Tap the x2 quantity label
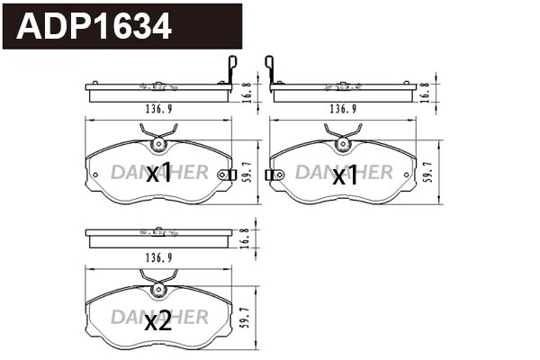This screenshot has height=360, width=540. tap(158, 322)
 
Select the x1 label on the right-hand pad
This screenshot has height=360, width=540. tap(345, 175)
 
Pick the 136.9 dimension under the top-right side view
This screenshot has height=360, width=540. tap(339, 110)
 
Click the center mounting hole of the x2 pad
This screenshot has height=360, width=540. tap(158, 290)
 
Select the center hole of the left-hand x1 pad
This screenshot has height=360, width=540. tap(158, 143)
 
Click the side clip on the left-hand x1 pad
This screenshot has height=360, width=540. tap(230, 175)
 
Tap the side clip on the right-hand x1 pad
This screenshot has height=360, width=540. tap(272, 175)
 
